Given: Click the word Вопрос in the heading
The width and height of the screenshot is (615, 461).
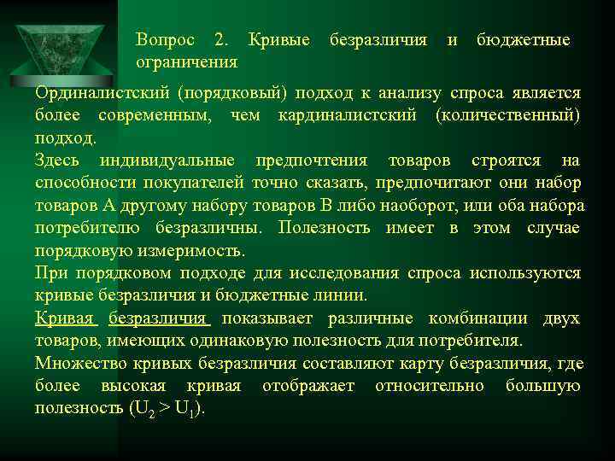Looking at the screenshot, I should [166, 40].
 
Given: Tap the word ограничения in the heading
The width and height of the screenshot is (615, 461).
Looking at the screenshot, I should [187, 62].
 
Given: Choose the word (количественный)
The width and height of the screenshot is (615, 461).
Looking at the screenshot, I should [507, 115].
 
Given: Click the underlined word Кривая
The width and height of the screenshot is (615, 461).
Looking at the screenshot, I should [66, 318].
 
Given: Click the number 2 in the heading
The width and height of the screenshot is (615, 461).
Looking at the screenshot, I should [221, 40].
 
